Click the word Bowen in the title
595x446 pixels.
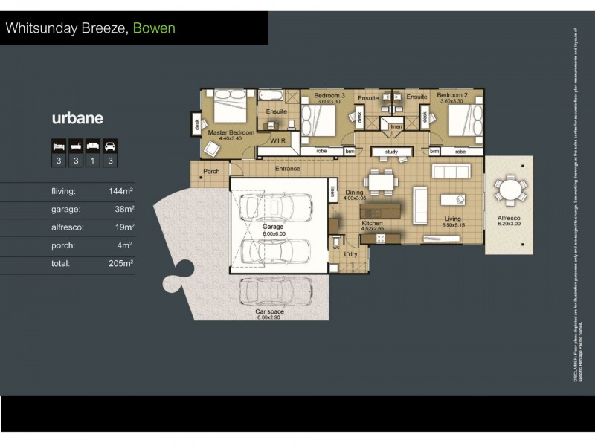[155, 29]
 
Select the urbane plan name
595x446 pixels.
[77, 118]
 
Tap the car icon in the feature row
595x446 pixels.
[110, 145]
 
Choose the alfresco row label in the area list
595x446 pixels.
[68, 227]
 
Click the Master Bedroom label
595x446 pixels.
[231, 132]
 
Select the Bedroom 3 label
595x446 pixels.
[329, 96]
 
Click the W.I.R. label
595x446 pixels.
[279, 140]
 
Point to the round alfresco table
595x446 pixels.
[510, 191]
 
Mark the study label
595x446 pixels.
[391, 152]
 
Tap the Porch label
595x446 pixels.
[211, 171]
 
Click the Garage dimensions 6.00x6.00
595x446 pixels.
[274, 234]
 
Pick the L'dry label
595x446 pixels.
[350, 254]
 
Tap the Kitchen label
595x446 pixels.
[372, 223]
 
